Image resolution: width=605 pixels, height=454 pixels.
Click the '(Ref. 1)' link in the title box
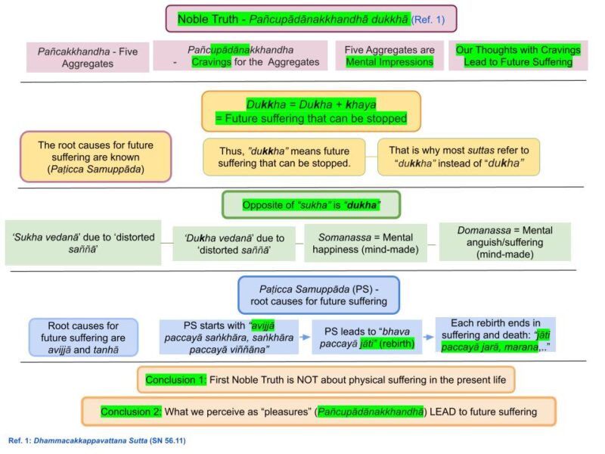[428, 20]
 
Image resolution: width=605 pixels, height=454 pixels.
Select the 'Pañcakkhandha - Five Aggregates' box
[88, 58]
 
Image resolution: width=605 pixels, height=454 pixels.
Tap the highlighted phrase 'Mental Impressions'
[389, 62]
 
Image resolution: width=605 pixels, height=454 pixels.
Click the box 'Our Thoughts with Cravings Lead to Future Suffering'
[518, 55]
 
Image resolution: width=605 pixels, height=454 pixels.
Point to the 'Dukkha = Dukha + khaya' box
[311, 111]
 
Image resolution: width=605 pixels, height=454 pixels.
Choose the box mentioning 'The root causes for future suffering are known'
[96, 157]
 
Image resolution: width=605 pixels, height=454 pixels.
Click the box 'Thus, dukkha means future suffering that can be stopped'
[284, 157]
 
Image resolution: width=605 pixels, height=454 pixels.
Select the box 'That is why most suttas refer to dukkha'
[459, 157]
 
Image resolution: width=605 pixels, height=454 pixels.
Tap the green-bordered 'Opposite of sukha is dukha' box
[311, 204]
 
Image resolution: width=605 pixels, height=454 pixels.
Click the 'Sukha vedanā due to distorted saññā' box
[83, 243]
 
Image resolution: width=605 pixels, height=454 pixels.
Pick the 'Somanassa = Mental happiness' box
[365, 243]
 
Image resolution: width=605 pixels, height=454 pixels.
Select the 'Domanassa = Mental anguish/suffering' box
[504, 242]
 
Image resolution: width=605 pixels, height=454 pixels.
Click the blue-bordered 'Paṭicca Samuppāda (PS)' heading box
[318, 295]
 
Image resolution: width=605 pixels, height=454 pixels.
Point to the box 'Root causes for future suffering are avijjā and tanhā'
[83, 337]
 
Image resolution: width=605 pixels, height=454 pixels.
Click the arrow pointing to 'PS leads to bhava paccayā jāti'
[305, 337]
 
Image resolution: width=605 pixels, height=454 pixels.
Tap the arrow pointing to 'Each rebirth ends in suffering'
[428, 337]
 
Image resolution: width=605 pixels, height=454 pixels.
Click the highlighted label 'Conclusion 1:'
[176, 380]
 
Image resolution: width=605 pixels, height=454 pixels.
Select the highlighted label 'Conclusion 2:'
[131, 412]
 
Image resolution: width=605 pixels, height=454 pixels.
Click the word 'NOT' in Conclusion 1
[307, 380]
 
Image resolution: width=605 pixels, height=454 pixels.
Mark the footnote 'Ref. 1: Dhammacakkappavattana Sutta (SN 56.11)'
[97, 440]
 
